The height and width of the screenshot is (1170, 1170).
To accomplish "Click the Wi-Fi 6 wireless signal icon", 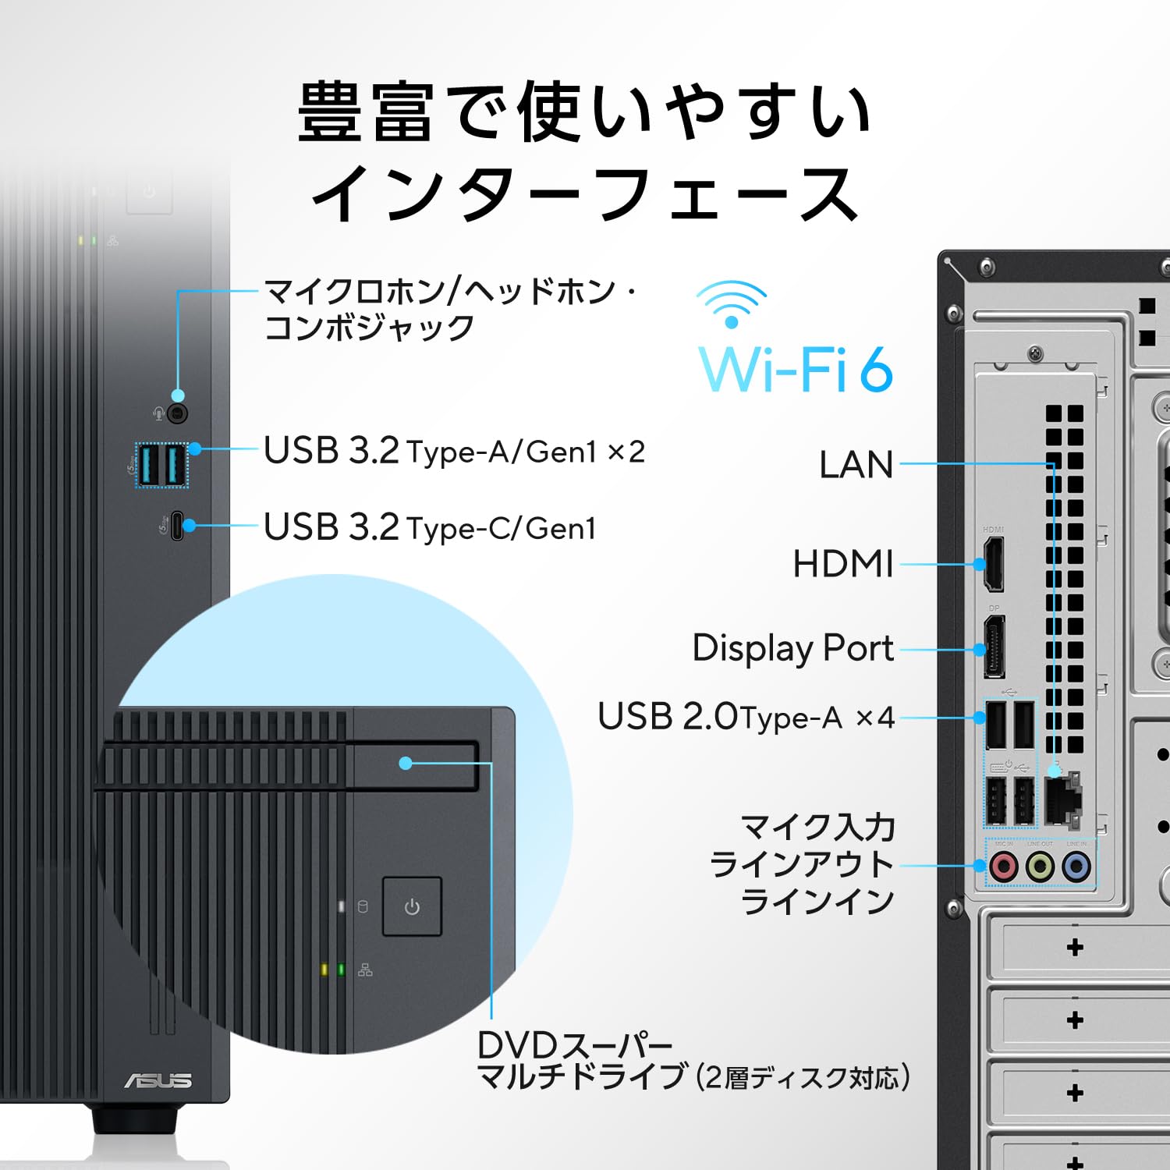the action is [731, 303].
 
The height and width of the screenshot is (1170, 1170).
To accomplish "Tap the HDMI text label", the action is [842, 564].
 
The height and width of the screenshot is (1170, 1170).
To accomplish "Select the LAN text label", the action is [856, 465].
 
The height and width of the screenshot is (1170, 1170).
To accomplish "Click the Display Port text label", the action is [792, 648].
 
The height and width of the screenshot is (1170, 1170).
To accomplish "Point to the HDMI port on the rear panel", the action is [993, 564].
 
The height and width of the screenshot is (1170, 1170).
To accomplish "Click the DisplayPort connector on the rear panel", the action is [994, 647].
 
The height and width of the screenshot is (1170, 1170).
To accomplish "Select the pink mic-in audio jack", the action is [1003, 866].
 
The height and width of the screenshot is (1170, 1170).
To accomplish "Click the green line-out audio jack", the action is [1040, 866].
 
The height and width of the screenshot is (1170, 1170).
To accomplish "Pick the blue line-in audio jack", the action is [1076, 866].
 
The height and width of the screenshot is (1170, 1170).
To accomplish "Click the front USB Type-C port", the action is [177, 526].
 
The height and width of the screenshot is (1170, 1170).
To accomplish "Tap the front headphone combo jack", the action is [178, 413].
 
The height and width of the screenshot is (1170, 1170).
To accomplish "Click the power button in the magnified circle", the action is [412, 906].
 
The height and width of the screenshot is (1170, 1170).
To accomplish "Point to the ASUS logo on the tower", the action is [158, 1080].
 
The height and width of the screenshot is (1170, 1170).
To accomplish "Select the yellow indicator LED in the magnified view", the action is [324, 970].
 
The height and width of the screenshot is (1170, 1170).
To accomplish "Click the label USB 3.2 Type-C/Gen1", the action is [430, 528].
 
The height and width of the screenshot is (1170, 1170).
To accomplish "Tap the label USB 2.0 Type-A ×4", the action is [746, 717].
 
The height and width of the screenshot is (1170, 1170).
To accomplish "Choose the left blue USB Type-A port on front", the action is [149, 465].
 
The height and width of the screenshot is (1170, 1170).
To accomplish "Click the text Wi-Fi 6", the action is [795, 369].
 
